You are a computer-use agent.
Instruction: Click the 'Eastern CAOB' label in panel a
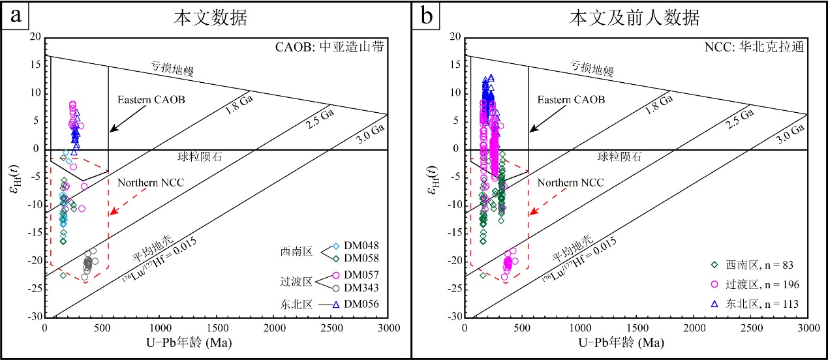[151, 100]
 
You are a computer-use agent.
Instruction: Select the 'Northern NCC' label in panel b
[571, 182]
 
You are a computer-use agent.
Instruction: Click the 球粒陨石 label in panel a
[200, 157]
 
